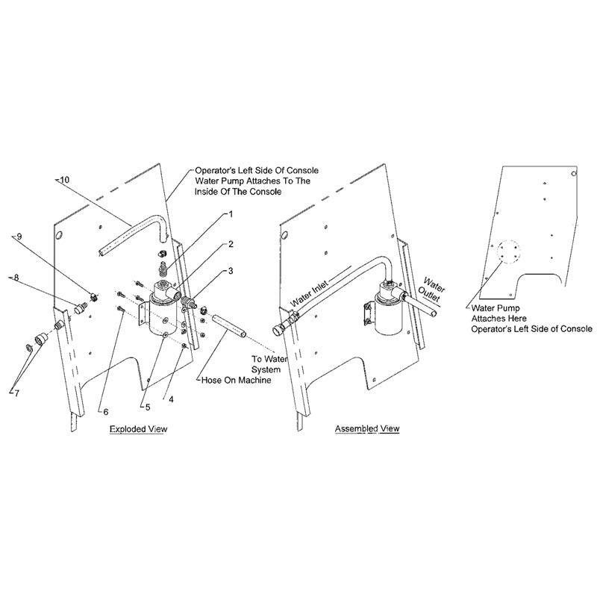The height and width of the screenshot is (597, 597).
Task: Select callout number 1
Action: pyautogui.click(x=231, y=214)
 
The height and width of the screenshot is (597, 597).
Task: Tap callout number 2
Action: pyautogui.click(x=231, y=244)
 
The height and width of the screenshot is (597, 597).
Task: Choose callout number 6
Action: pyautogui.click(x=105, y=411)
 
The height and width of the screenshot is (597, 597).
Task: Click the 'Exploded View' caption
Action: pyautogui.click(x=139, y=430)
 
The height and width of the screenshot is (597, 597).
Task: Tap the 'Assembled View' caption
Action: pyautogui.click(x=367, y=429)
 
